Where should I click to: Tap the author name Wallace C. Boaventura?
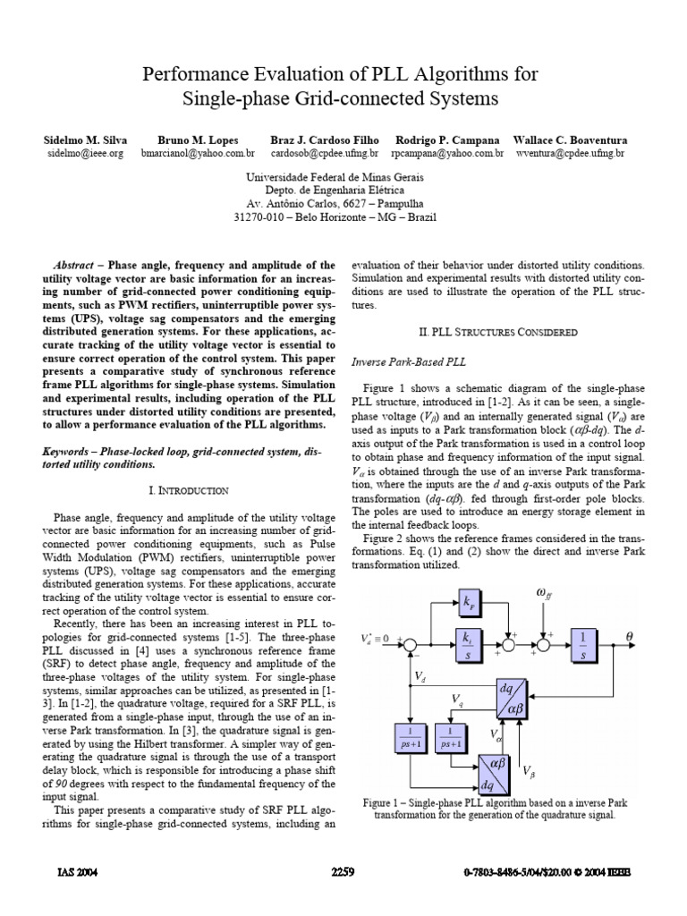point(570,140)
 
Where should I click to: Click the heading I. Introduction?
point(188,490)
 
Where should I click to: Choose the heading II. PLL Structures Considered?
point(497,331)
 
